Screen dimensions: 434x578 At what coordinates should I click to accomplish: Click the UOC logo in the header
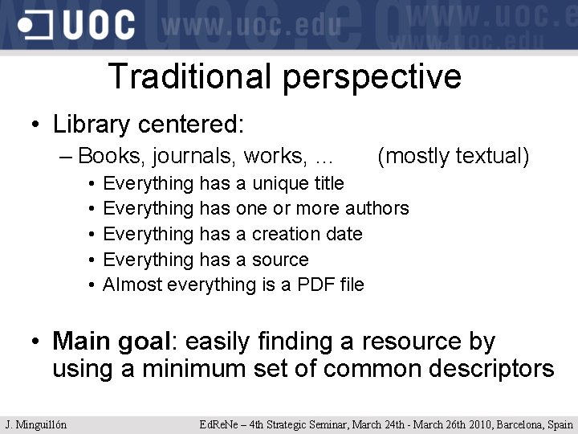coord(76,24)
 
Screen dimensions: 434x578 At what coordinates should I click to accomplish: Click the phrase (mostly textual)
coord(453,156)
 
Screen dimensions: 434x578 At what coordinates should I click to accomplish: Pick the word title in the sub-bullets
coord(324,183)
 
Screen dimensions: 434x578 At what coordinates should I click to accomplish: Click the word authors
coord(377,208)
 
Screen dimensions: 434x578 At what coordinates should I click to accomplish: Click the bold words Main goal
coord(112,342)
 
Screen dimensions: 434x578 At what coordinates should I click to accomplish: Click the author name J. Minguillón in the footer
coord(36,424)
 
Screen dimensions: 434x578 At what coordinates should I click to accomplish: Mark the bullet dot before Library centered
coord(36,126)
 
